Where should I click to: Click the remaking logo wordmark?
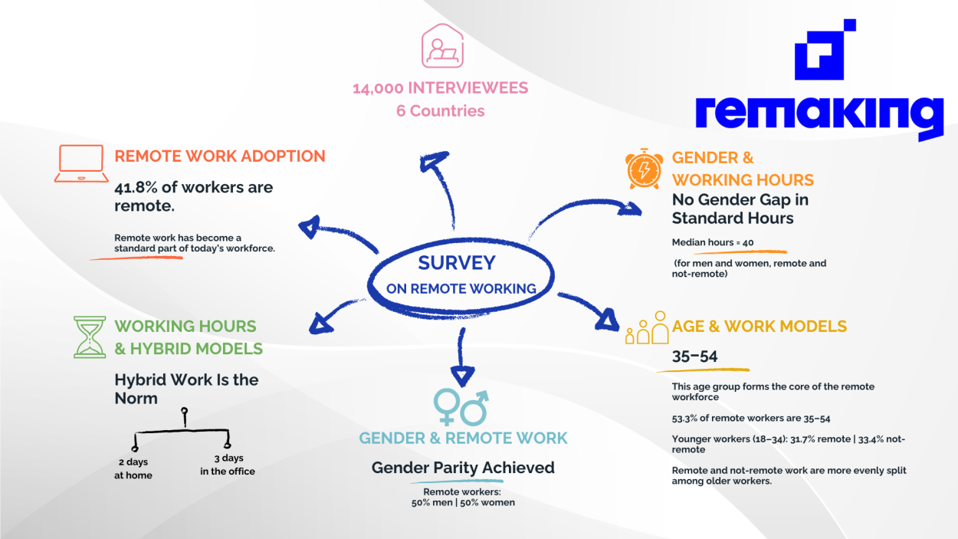coord(819,115)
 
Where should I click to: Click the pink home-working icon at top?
coord(441,46)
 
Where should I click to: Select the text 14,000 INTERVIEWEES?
coord(440,88)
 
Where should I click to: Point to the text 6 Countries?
coord(440,111)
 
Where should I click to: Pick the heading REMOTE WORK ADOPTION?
coord(220,156)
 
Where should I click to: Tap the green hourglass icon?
coord(89,337)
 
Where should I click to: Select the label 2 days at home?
coord(133,468)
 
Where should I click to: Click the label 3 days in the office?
coord(228,465)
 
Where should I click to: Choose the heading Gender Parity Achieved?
coord(463,468)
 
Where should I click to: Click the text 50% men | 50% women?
coord(463,503)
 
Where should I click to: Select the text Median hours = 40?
coord(713,242)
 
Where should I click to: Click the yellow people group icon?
coord(647,328)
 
